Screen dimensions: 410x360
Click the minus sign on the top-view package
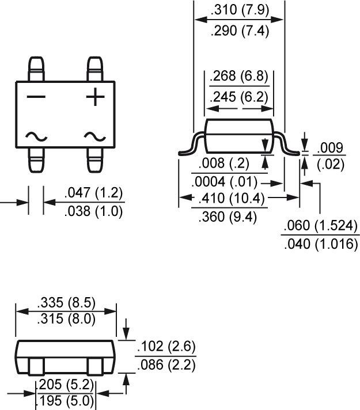[x=35, y=97]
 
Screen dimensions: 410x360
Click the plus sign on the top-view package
[x=95, y=97]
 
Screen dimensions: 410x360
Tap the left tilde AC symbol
[x=36, y=136]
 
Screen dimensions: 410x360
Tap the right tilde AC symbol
[x=95, y=136]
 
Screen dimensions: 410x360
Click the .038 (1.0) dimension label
[x=94, y=211]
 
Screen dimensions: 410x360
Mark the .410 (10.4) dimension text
[x=230, y=199]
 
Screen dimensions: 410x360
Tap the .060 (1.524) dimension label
[x=320, y=226]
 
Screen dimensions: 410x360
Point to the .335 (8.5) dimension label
[x=66, y=302]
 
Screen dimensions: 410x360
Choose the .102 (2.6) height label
[x=166, y=347]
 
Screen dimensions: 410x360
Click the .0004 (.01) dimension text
[x=224, y=182]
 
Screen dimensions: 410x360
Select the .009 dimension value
[x=331, y=147]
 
